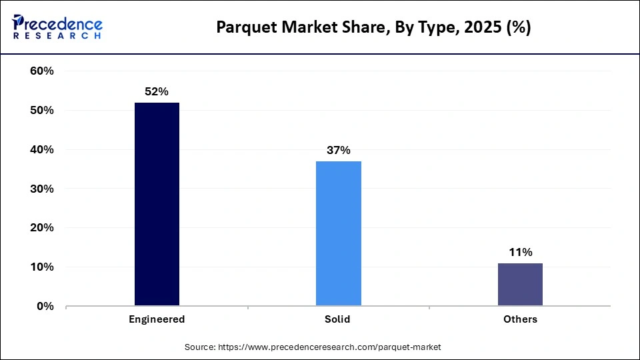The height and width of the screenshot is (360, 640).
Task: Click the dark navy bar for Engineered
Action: pyautogui.click(x=157, y=204)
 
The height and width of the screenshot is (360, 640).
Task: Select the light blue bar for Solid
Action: pyautogui.click(x=339, y=233)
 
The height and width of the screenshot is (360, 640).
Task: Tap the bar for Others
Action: pyautogui.click(x=520, y=285)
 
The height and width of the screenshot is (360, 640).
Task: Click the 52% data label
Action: pyautogui.click(x=157, y=91)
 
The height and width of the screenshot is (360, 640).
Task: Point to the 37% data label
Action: pyautogui.click(x=339, y=150)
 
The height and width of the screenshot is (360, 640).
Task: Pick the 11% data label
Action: pyautogui.click(x=520, y=252)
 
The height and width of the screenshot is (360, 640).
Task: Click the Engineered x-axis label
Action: pyautogui.click(x=157, y=319)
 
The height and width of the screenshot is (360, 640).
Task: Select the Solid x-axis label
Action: pyautogui.click(x=339, y=319)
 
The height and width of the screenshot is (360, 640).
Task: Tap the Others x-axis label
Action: pyautogui.click(x=520, y=319)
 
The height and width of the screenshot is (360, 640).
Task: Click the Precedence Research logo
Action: pyautogui.click(x=57, y=27)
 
